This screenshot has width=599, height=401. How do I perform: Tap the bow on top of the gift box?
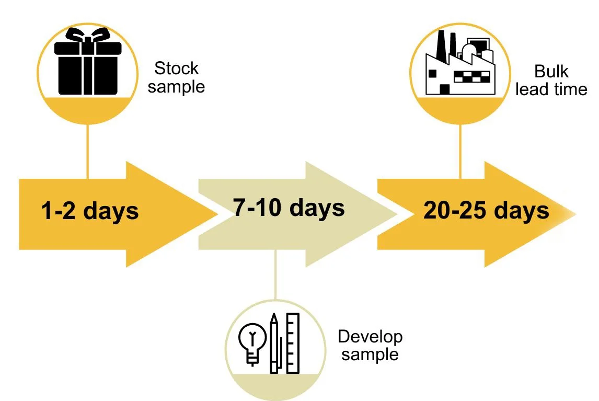(x=88, y=37)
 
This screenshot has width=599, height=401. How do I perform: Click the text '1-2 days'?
(x=90, y=212)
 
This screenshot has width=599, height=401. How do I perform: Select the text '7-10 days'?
(x=289, y=208)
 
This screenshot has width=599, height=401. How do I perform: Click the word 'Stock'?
(x=177, y=68)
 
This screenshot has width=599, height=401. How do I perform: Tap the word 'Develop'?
(x=370, y=337)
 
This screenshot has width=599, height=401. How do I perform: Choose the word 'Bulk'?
(x=551, y=71)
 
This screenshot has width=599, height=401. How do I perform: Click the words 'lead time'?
(x=551, y=89)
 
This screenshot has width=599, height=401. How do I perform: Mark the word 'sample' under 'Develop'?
(x=370, y=355)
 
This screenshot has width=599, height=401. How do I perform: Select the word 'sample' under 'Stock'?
(x=176, y=86)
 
